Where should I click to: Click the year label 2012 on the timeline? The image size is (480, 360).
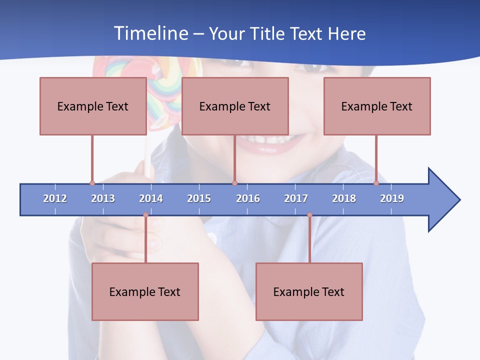point(55,198)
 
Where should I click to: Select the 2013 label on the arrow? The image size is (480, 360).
point(103,198)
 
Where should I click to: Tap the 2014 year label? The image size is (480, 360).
point(151,198)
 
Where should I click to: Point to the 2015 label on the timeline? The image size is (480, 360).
point(199,198)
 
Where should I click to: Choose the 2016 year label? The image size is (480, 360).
point(248,198)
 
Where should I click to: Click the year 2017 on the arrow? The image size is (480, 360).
point(296,198)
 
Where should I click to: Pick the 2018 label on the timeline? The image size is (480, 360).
point(344,198)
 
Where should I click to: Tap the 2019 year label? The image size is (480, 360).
point(392,198)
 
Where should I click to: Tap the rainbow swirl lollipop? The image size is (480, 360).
point(165,85)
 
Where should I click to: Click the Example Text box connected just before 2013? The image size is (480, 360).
point(93,106)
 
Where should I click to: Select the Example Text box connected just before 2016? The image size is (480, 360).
point(235,106)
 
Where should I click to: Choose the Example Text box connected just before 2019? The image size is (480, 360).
point(377,106)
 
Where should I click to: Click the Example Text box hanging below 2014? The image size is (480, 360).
point(145,291)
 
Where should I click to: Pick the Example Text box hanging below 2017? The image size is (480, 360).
point(309,291)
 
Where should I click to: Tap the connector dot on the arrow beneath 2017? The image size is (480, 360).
point(309,215)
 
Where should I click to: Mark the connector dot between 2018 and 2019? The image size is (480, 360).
point(376,183)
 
